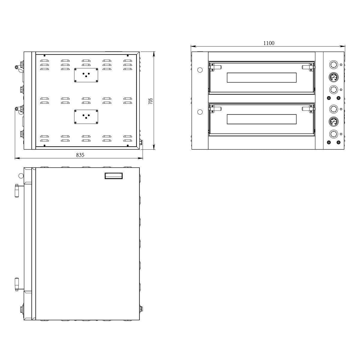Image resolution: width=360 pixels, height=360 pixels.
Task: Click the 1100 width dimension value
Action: tap(269, 43)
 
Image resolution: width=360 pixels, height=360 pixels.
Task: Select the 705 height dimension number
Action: tap(151, 101)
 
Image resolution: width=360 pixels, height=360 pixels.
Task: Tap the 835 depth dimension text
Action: tap(80, 155)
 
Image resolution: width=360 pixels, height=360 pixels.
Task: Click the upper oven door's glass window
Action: tap(262, 78)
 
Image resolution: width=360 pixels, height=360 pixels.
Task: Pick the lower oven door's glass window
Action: tap(262, 119)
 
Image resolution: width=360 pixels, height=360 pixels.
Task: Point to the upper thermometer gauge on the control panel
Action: tap(333, 77)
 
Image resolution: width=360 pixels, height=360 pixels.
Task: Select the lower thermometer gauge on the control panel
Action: tap(333, 121)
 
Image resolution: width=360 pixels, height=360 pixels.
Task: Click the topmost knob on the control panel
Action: tap(333, 65)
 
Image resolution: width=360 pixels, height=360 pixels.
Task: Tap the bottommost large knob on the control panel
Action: tap(333, 134)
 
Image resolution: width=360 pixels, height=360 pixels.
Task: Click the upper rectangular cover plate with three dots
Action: tap(86, 75)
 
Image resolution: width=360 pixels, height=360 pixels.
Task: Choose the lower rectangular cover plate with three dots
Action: tap(86, 116)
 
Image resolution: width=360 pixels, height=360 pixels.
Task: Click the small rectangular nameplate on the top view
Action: tap(114, 175)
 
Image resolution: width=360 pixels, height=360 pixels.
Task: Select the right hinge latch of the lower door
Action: tap(308, 109)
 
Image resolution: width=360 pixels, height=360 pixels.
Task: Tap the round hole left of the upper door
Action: tap(200, 70)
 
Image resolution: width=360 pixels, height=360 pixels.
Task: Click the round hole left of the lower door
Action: tap(200, 112)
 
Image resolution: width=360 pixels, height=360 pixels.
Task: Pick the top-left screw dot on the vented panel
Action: tap(44, 55)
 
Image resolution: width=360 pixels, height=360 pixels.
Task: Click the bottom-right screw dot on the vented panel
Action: tap(128, 145)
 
